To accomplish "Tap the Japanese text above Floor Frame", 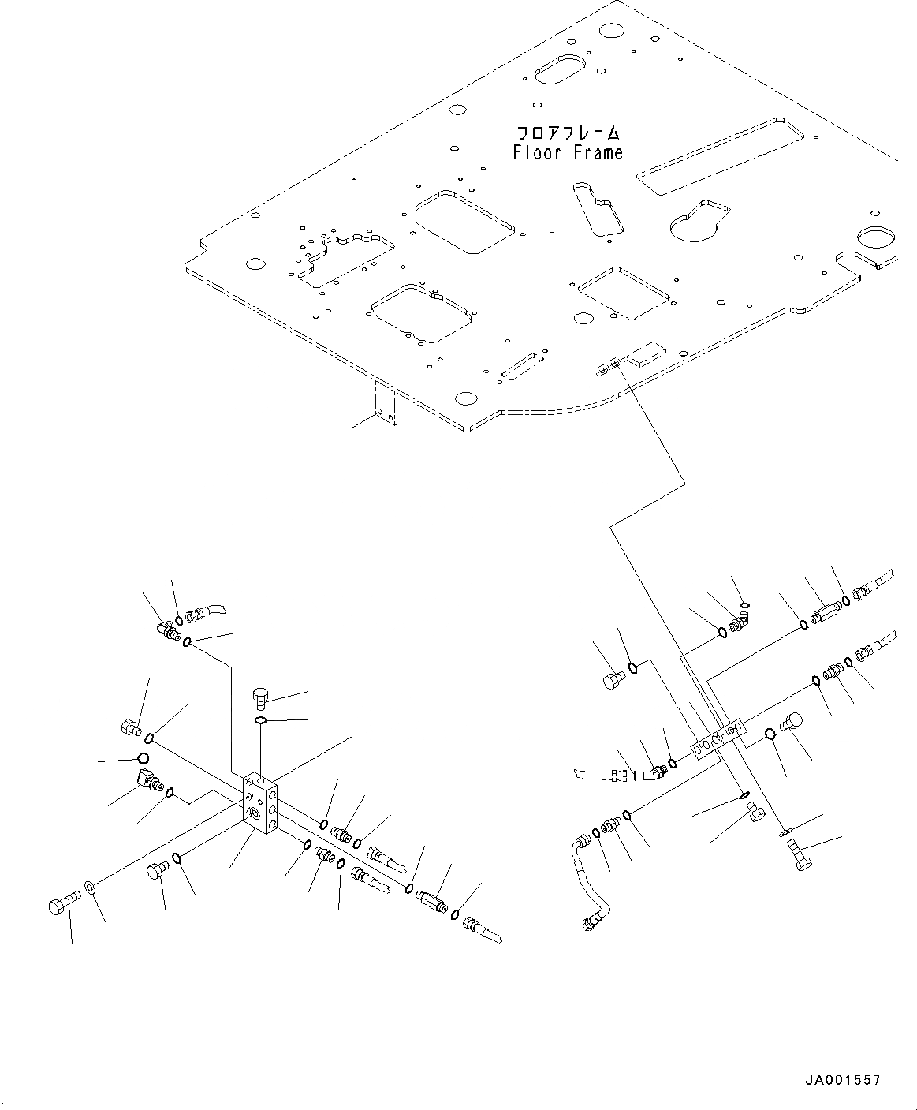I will pyautogui.click(x=568, y=133).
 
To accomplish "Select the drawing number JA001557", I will pyautogui.click(x=842, y=1080).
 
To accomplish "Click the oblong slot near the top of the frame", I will pyautogui.click(x=561, y=68).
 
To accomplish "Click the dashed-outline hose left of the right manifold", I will pyautogui.click(x=603, y=776).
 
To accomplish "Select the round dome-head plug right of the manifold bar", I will pyautogui.click(x=793, y=722).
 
